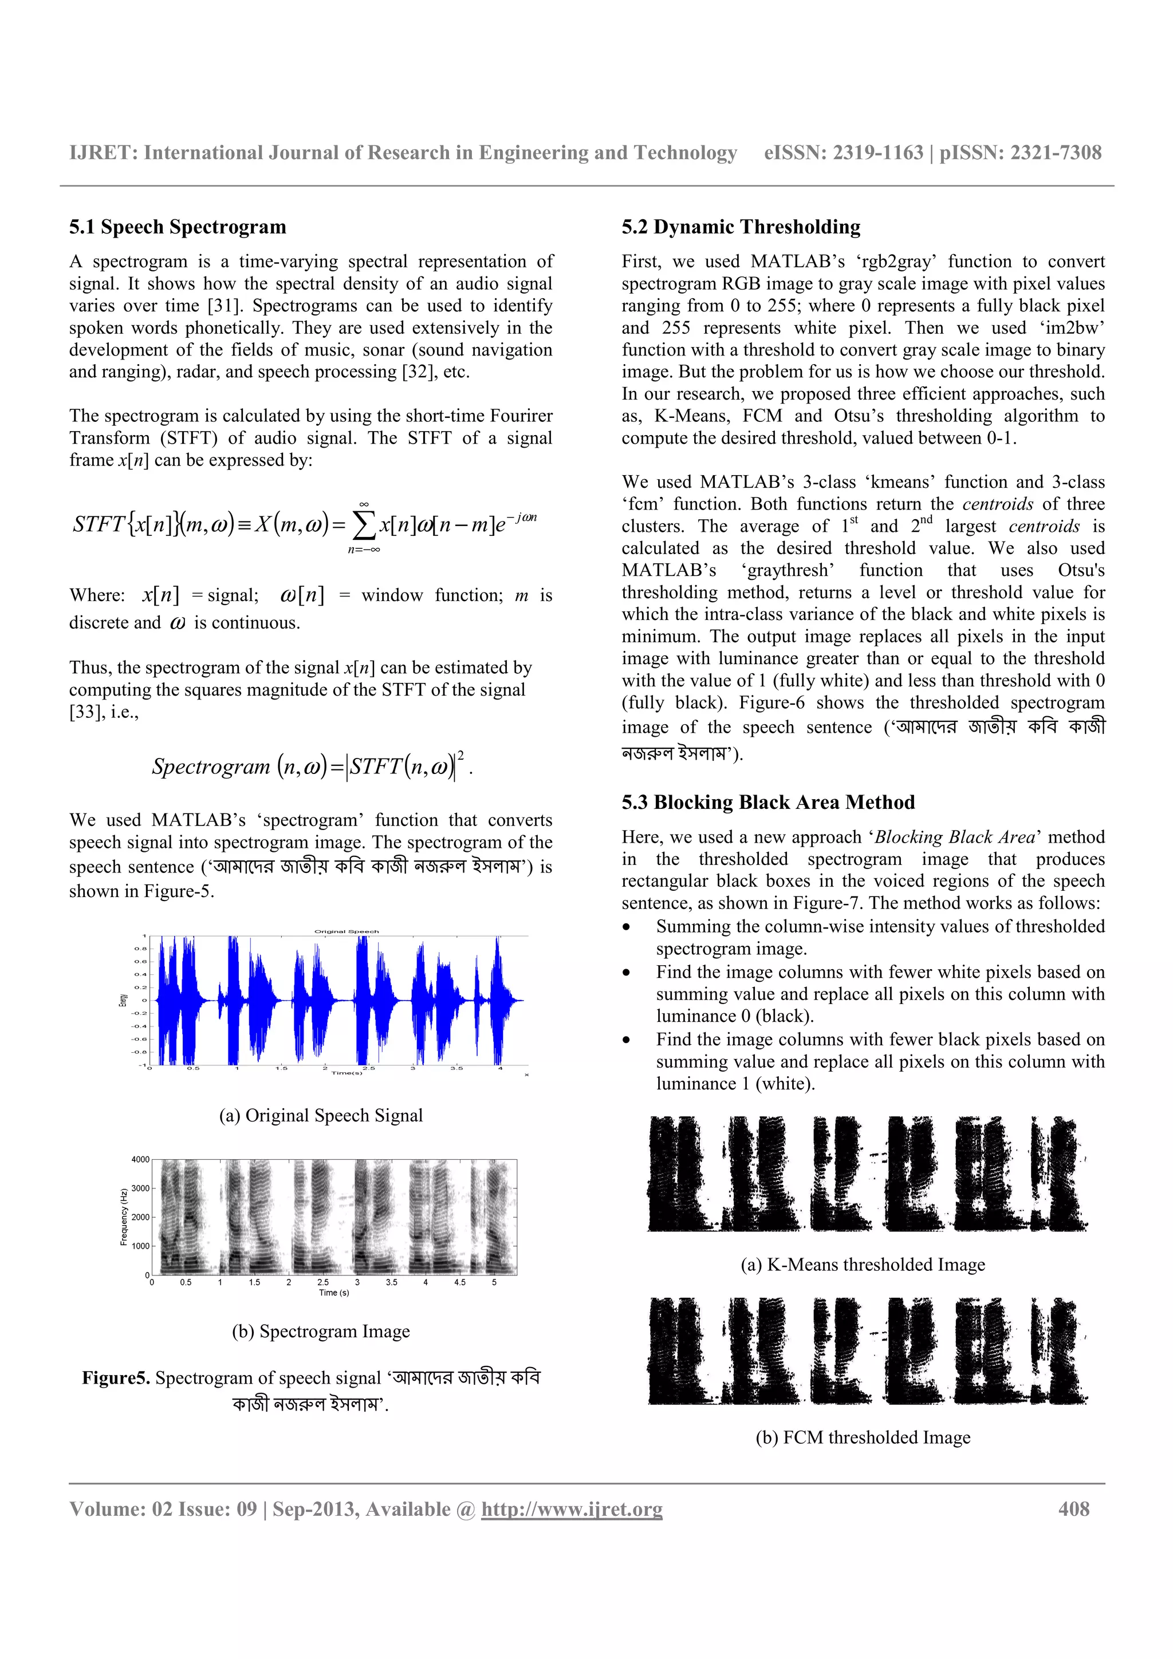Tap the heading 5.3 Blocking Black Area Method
tap(767, 802)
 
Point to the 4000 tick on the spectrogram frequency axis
tap(140, 1160)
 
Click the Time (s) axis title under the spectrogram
tap(334, 1293)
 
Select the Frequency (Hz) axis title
tap(124, 1217)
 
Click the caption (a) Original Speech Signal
tap(321, 1116)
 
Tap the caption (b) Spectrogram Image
tap(321, 1331)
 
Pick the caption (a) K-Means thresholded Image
tap(863, 1265)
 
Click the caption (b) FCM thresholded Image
tap(863, 1437)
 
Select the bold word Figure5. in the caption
tap(116, 1378)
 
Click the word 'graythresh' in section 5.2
tap(788, 570)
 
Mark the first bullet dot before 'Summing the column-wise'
tap(627, 928)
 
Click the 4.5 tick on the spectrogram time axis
tap(460, 1282)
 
